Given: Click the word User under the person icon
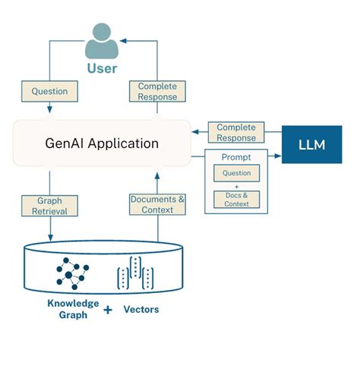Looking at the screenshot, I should pos(101,69).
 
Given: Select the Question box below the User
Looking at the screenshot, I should pos(49,92).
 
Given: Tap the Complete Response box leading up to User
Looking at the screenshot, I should pos(157,92).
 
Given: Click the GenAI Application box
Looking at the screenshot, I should pos(101,143).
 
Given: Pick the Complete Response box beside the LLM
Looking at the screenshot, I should pos(236,133).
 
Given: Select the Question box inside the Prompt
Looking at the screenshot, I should pos(235,173).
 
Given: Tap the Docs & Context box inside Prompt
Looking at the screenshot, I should pos(235,199).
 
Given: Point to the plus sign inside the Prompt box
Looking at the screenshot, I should pos(235,186).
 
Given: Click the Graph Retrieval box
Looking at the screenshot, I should pos(49,204).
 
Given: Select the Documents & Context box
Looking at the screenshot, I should pos(157,204).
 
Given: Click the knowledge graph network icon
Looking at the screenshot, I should pos(72,270).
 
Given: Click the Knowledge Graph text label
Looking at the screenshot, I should pos(73,309).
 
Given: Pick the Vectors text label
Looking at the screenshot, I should pos(141,310).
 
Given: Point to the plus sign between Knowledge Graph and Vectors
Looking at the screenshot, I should pos(107,310).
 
